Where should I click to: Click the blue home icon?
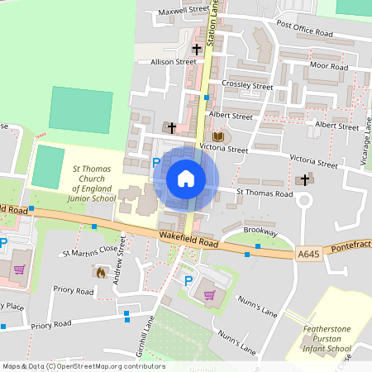(186, 179)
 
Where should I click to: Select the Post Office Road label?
(304, 29)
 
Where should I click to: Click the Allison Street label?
(173, 61)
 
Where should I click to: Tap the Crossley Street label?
(247, 85)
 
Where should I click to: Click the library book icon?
(218, 136)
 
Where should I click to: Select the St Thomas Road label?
(265, 193)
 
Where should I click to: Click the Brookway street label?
(260, 231)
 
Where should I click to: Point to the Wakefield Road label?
(189, 242)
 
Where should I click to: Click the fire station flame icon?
(101, 271)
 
